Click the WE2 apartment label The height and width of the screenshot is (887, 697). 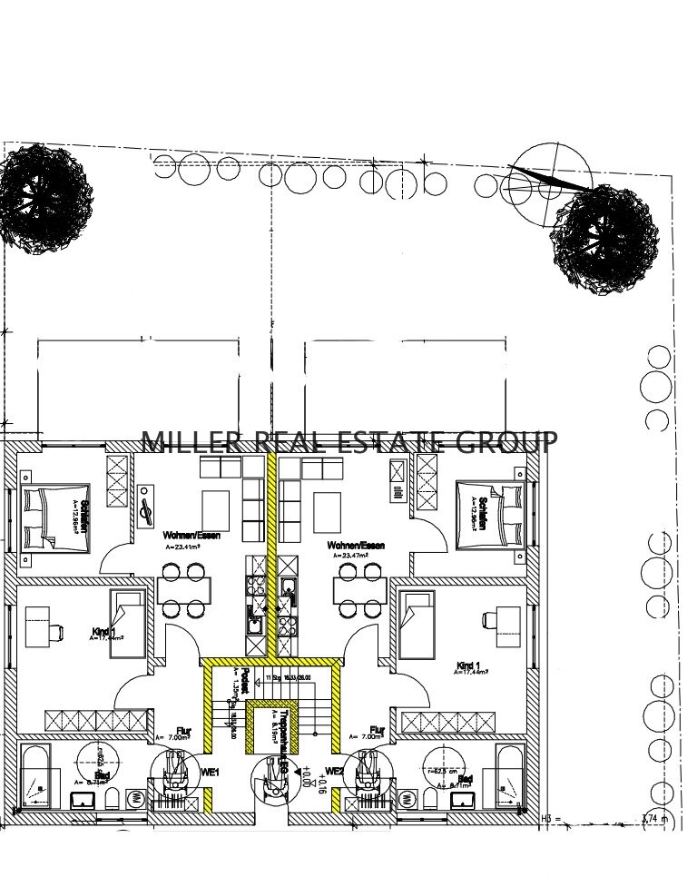tap(335, 772)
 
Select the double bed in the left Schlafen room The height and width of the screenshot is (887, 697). tap(54, 518)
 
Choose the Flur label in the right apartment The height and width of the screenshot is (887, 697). tap(377, 729)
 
